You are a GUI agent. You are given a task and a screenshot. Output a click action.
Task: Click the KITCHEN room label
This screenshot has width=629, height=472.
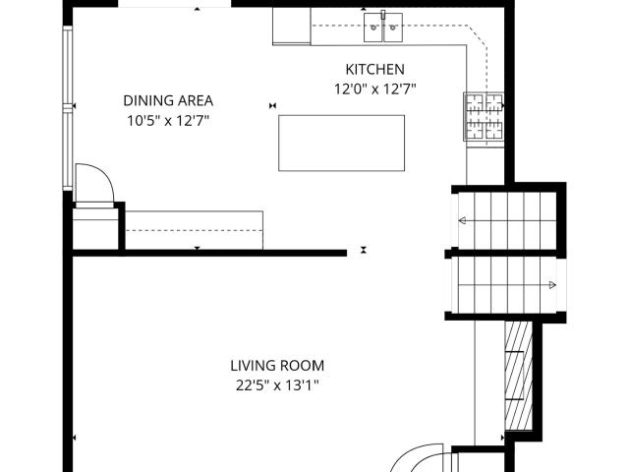374,69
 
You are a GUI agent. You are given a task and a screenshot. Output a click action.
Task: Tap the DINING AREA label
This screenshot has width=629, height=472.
168,100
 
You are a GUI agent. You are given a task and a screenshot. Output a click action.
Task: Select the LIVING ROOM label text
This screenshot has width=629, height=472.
277,366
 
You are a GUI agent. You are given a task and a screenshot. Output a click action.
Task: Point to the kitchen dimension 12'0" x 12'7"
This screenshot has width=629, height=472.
375,88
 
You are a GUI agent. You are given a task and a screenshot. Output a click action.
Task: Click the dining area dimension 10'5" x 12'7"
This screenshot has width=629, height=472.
168,120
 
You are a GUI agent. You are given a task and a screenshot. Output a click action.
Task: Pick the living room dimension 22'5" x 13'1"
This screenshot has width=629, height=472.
277,385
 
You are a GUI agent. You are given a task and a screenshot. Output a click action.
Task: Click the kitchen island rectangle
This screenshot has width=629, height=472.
341,143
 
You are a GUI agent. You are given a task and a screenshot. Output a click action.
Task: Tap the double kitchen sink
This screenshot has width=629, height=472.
383,27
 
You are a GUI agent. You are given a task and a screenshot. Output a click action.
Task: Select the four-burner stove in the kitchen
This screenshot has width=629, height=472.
484,116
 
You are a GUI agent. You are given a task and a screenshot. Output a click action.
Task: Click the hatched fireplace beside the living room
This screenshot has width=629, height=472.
518,376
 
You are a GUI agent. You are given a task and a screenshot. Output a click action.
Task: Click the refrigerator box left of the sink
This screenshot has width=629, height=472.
292,25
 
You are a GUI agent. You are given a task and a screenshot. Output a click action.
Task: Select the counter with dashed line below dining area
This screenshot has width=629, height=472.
195,230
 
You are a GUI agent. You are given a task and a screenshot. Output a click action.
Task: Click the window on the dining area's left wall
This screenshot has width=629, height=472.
68,107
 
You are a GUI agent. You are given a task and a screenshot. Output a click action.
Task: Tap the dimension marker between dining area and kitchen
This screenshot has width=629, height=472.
273,105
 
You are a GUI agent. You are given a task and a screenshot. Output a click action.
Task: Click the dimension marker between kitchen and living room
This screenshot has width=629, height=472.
364,250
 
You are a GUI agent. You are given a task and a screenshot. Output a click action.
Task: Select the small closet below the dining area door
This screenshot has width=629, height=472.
95,229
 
